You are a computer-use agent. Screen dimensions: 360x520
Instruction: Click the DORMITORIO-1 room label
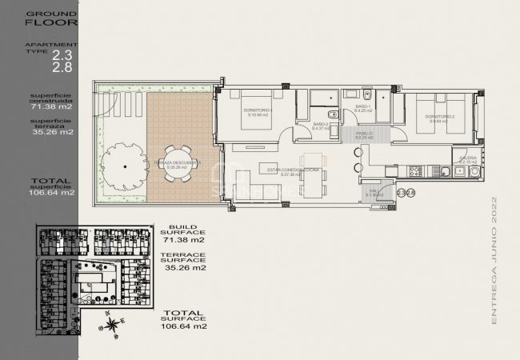(x=261, y=111)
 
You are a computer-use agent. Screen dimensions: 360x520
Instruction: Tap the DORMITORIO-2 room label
(x=441, y=117)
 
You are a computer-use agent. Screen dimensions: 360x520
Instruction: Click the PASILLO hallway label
(x=365, y=134)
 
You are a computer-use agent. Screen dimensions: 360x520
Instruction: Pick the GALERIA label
(x=470, y=159)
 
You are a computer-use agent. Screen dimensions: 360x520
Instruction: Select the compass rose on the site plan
(x=113, y=324)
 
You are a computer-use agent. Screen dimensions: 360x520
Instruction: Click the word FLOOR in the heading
(x=38, y=23)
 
